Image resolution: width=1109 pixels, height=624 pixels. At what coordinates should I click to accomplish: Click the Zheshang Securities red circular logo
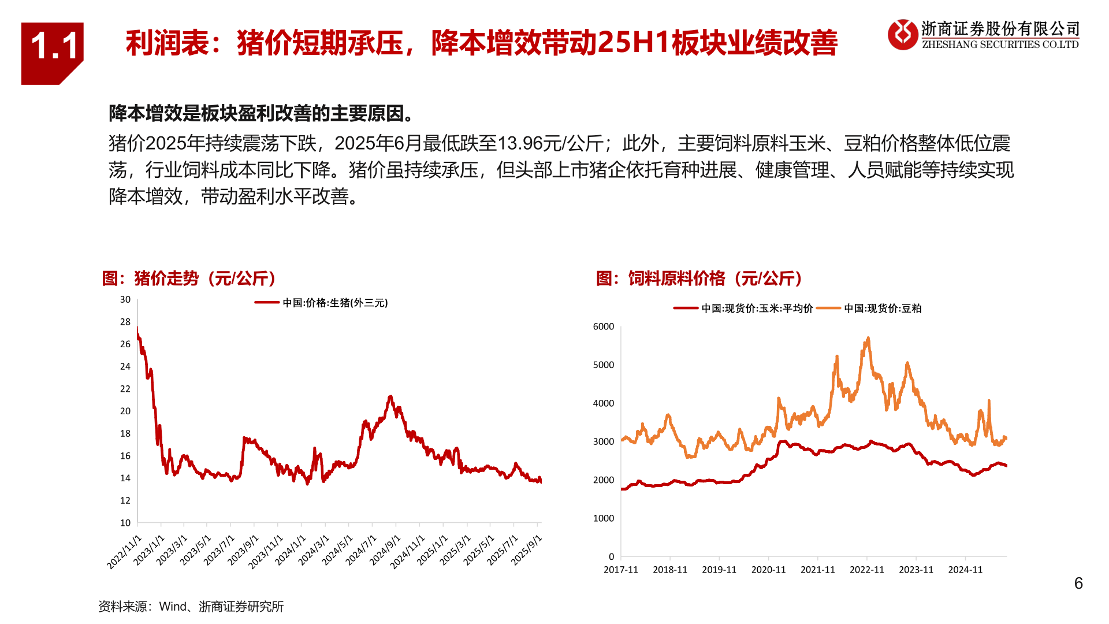point(902,35)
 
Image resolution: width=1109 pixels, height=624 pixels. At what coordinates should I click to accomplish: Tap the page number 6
point(1078,584)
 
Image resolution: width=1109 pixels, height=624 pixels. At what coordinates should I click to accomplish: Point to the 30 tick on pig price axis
point(125,299)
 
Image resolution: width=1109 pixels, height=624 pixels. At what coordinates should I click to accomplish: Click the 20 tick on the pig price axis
point(125,411)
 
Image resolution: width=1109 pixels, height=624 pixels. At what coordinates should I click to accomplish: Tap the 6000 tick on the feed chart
point(603,326)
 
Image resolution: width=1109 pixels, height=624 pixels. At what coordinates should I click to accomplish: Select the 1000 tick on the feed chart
point(603,518)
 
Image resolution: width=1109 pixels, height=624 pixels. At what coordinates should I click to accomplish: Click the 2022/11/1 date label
point(125,552)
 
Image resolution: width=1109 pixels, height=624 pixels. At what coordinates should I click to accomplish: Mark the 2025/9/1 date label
point(527,550)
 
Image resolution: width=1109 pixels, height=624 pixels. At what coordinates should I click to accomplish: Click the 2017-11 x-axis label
point(620,570)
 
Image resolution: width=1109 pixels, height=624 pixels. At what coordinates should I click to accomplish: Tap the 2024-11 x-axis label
point(965,570)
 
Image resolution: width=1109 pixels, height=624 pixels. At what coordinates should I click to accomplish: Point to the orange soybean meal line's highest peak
point(868,339)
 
